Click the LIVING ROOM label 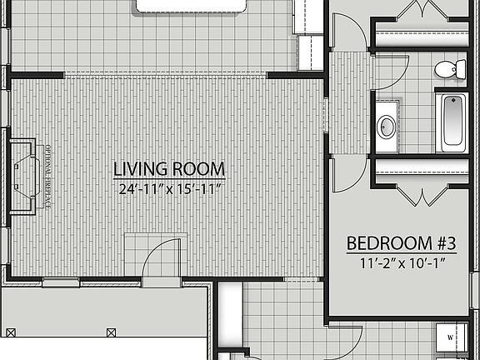coord(169,170)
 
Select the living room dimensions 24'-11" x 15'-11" coord(169,189)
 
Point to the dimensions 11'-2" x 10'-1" coord(401,263)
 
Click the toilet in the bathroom coord(450,70)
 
